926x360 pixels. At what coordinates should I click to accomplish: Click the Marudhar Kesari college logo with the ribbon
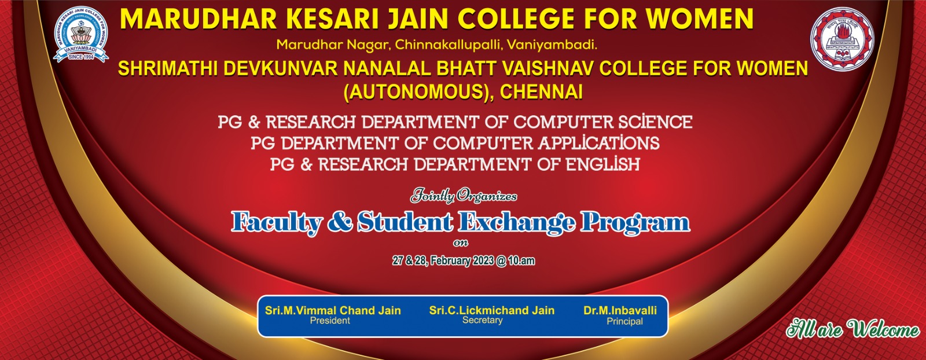click(x=81, y=34)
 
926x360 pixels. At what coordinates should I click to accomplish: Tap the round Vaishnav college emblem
click(x=842, y=38)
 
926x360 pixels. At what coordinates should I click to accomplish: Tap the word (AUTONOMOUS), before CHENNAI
click(x=419, y=92)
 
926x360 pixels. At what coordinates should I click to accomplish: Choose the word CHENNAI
click(x=541, y=92)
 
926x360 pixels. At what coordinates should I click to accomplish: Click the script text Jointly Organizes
click(x=464, y=196)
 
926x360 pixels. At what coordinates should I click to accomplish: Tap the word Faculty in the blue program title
click(x=276, y=223)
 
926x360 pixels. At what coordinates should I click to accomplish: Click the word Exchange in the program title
click(x=516, y=223)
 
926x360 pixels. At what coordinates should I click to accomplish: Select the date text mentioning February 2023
click(x=464, y=261)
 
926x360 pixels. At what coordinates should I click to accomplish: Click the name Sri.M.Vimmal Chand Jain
click(x=333, y=310)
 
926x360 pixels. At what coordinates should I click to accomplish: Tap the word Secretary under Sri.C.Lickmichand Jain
click(x=483, y=320)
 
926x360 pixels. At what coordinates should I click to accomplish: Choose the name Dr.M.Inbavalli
click(x=620, y=310)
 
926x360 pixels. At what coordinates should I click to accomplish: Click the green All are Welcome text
click(x=853, y=329)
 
